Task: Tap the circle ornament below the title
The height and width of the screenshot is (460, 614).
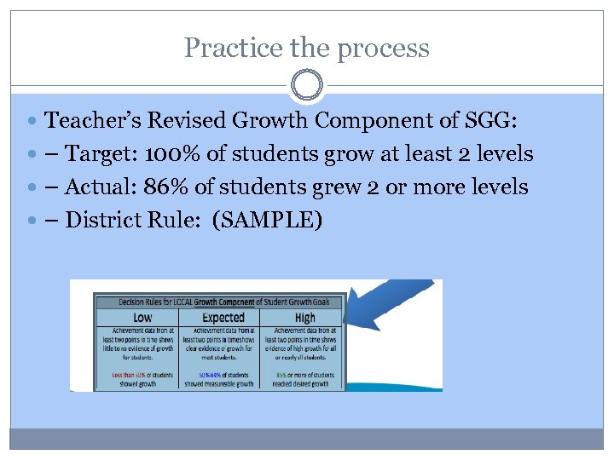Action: click(x=307, y=85)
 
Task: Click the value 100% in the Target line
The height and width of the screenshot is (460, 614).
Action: click(x=175, y=154)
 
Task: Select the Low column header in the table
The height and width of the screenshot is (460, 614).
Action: click(x=142, y=318)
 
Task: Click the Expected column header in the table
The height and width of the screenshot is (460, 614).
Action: click(x=223, y=318)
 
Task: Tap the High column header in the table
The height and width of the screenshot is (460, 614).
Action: click(x=304, y=318)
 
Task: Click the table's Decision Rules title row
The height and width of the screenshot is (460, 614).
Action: click(x=219, y=302)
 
